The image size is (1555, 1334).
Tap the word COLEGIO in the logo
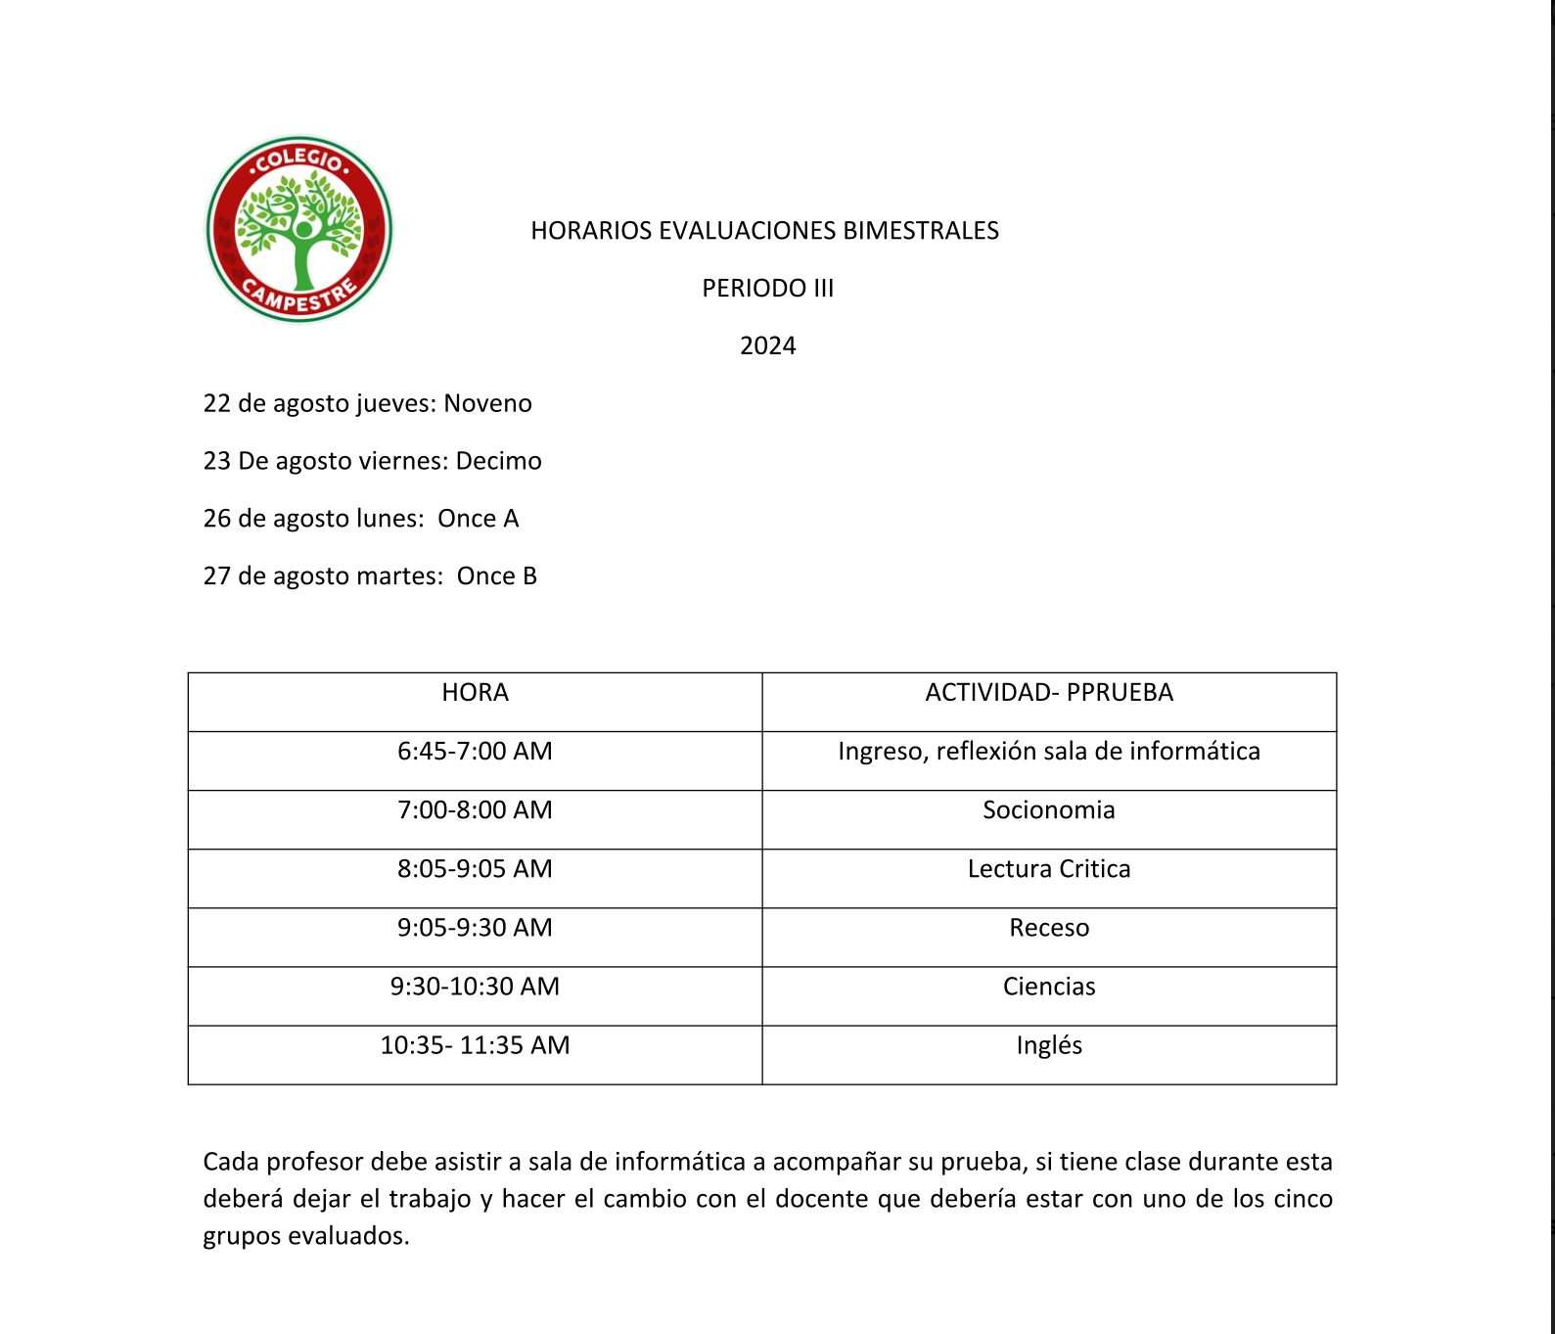(x=298, y=159)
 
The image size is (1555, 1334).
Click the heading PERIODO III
(x=767, y=289)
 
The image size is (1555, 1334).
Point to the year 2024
(x=767, y=346)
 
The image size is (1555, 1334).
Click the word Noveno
(x=487, y=404)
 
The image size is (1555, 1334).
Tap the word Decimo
(x=498, y=461)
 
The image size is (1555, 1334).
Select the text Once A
(x=478, y=519)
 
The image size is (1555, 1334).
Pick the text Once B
(x=496, y=576)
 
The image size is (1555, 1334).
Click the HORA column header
(x=475, y=693)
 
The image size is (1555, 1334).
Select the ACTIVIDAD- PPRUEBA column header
(x=1048, y=693)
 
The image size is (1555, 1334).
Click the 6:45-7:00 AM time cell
(x=475, y=752)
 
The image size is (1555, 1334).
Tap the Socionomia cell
(x=1048, y=810)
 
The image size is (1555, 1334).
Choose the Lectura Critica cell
(x=1048, y=869)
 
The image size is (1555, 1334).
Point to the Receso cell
(x=1048, y=928)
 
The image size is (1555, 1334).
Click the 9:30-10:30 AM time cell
(x=475, y=987)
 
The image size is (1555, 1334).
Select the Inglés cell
(x=1048, y=1045)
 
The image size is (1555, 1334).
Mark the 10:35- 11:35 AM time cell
(x=475, y=1045)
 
